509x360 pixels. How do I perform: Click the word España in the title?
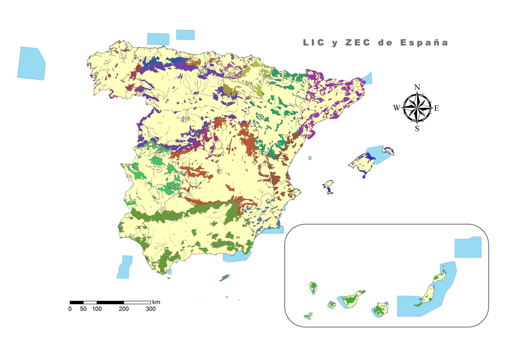[424, 43]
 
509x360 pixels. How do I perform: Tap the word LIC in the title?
[314, 43]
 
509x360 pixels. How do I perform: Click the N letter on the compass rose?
[417, 88]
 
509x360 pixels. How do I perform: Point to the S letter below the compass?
[417, 129]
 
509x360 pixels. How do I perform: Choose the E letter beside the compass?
[437, 108]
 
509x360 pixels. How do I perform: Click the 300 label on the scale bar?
[151, 309]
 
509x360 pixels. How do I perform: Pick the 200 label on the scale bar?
[124, 309]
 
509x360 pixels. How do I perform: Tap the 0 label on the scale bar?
[70, 309]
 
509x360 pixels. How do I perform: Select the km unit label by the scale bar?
[156, 302]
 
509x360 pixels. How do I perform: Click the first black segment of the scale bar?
[76, 302]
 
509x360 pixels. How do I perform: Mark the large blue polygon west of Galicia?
[31, 63]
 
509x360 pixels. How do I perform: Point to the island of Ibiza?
[328, 185]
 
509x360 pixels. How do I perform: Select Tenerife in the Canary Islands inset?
[351, 300]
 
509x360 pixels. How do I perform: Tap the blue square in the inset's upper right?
[468, 247]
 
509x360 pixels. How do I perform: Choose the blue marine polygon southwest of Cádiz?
[125, 267]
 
